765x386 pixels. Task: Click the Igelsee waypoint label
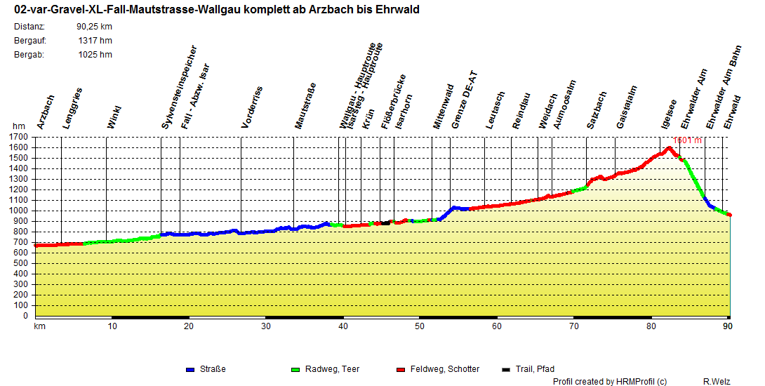pos(669,113)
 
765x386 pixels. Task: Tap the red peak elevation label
pos(687,140)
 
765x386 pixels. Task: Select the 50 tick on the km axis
pos(420,326)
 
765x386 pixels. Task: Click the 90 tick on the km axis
pos(729,326)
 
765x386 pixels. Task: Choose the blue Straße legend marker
pos(190,369)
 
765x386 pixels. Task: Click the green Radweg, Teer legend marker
pos(295,369)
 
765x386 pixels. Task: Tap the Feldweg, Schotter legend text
pos(445,369)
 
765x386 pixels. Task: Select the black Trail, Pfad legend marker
pos(507,369)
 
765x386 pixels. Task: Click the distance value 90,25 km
pos(95,27)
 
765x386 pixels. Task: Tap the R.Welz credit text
pos(717,381)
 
